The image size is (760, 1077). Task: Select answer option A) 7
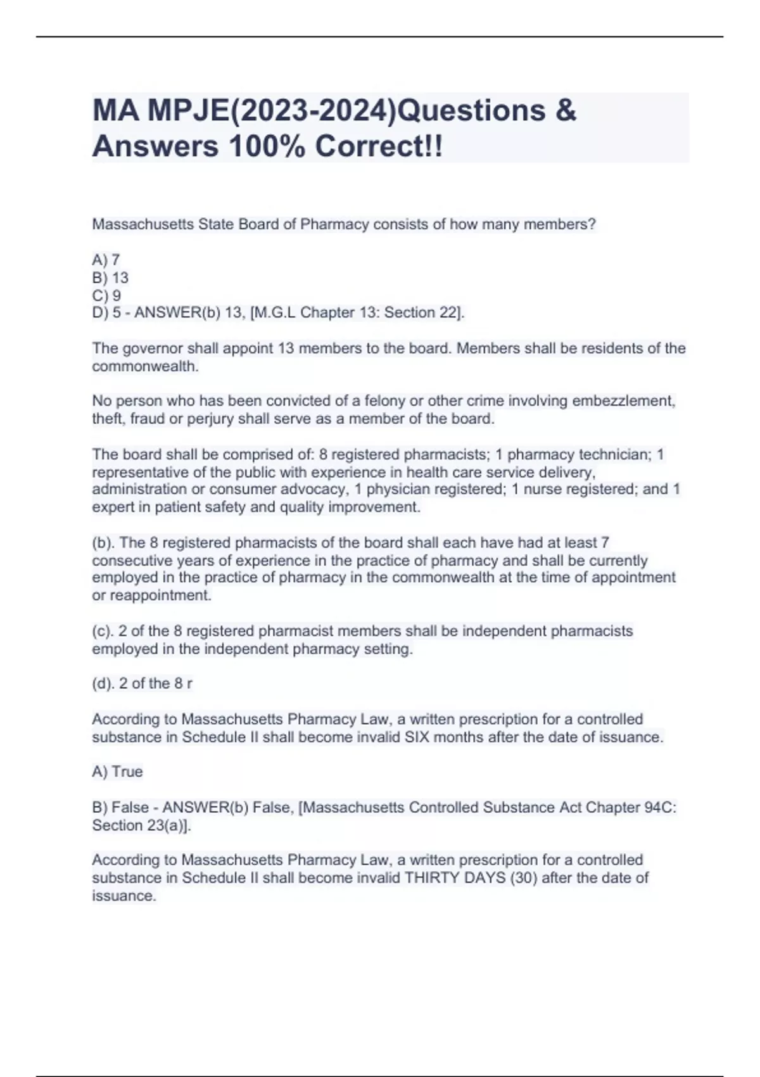[106, 260]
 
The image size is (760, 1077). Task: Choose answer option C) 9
[106, 295]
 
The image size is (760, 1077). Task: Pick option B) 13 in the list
[110, 277]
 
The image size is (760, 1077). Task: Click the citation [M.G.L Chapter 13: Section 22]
[358, 312]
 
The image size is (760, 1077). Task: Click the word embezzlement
[623, 401]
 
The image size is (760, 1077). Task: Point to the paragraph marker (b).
[103, 543]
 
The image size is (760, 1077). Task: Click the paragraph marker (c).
[103, 631]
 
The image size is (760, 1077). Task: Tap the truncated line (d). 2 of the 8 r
[142, 684]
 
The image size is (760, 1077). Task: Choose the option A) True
[117, 772]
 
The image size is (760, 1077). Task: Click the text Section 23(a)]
[141, 825]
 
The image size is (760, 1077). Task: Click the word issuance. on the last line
[123, 896]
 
